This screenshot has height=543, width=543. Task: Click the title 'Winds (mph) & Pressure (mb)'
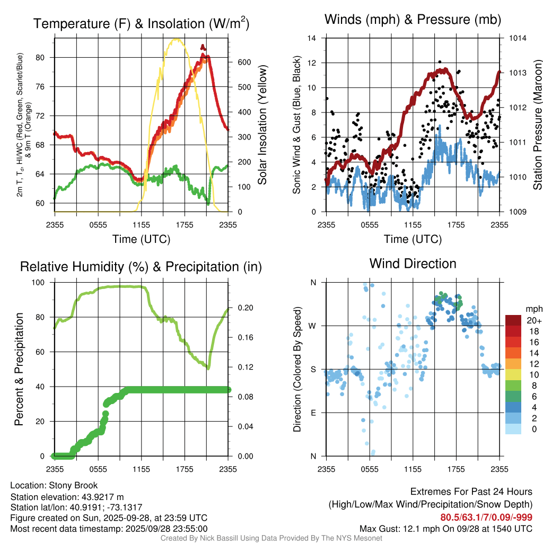413,20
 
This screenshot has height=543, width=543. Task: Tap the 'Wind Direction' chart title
413,264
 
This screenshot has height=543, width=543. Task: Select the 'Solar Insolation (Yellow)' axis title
262,125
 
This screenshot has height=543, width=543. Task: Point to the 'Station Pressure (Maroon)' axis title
537,125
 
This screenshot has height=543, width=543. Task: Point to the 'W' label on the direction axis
313,326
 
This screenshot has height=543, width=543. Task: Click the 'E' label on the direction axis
313,413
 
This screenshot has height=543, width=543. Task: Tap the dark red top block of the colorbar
513,320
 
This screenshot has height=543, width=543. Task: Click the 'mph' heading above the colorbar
532,309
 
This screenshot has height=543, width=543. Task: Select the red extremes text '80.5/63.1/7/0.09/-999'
486,518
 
